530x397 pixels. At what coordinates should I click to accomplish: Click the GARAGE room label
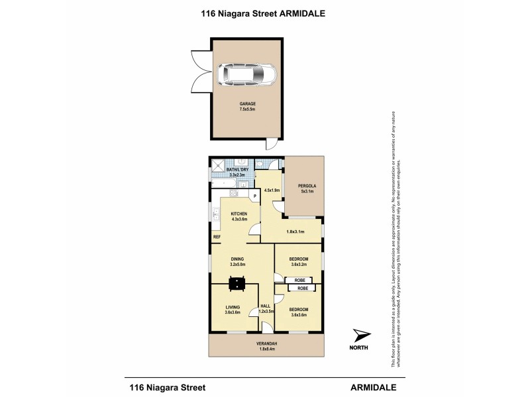pyautogui.click(x=248, y=105)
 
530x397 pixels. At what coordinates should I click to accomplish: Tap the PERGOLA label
pyautogui.click(x=305, y=187)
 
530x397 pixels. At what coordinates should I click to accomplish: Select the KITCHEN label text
pyautogui.click(x=238, y=214)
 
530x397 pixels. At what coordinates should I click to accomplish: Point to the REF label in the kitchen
pyautogui.click(x=216, y=237)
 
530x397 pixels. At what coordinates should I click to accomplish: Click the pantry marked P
pyautogui.click(x=254, y=197)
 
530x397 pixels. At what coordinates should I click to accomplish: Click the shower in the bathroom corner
pyautogui.click(x=218, y=165)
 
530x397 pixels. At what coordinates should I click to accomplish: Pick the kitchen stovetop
pyautogui.click(x=234, y=193)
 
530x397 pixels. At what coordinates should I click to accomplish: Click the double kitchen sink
pyautogui.click(x=216, y=215)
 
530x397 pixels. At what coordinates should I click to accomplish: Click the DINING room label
pyautogui.click(x=237, y=259)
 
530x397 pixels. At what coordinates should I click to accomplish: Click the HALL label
pyautogui.click(x=264, y=306)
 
